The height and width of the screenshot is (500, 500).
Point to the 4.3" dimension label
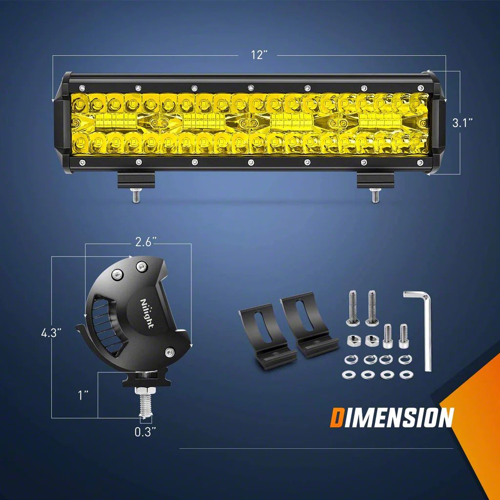pyautogui.click(x=51, y=333)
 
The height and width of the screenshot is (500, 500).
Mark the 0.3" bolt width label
pyautogui.click(x=146, y=431)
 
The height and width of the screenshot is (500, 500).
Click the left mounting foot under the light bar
pyautogui.click(x=135, y=181)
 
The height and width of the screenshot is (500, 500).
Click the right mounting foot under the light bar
pyautogui.click(x=375, y=181)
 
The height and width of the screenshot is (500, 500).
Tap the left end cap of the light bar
pyautogui.click(x=62, y=123)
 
